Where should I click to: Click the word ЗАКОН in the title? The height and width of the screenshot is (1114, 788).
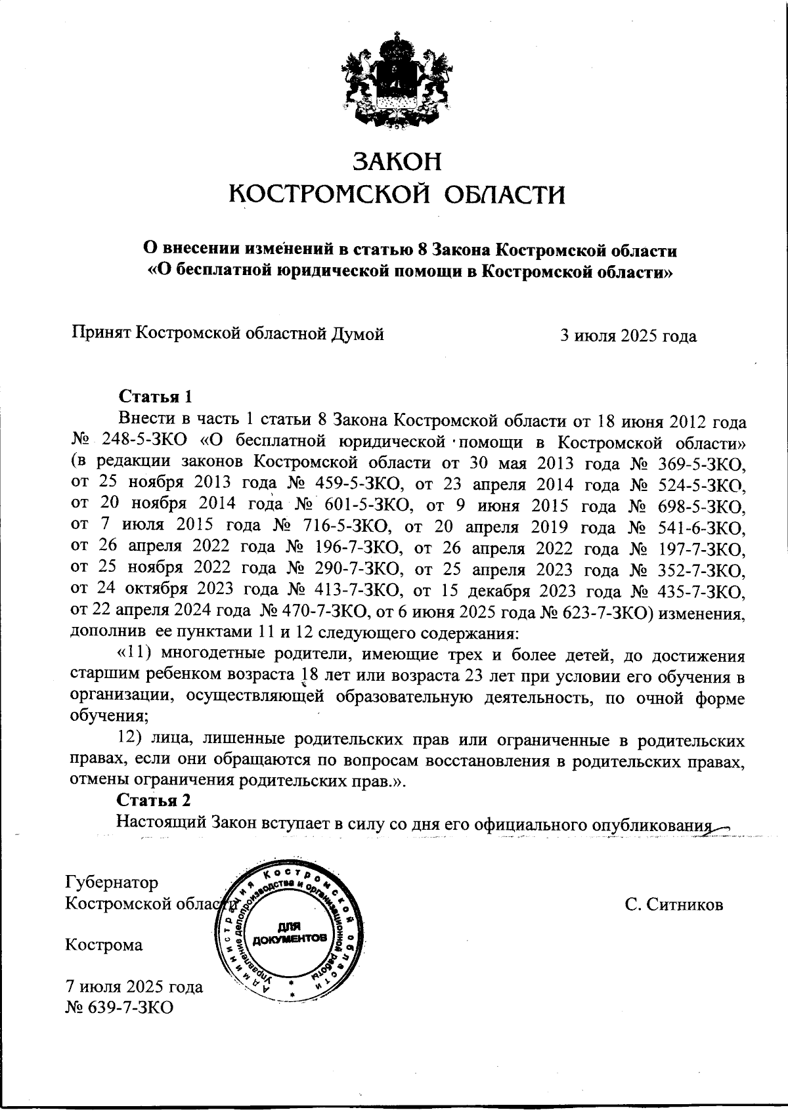[397, 162]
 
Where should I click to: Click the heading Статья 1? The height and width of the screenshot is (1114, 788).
[156, 396]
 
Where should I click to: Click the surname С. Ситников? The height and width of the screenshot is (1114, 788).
[674, 905]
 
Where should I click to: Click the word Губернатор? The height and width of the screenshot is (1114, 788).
[112, 882]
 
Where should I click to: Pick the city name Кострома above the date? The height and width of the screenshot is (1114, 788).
[104, 945]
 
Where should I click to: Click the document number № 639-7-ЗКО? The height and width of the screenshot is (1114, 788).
[119, 1007]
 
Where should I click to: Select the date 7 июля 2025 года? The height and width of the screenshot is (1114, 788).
[134, 987]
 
